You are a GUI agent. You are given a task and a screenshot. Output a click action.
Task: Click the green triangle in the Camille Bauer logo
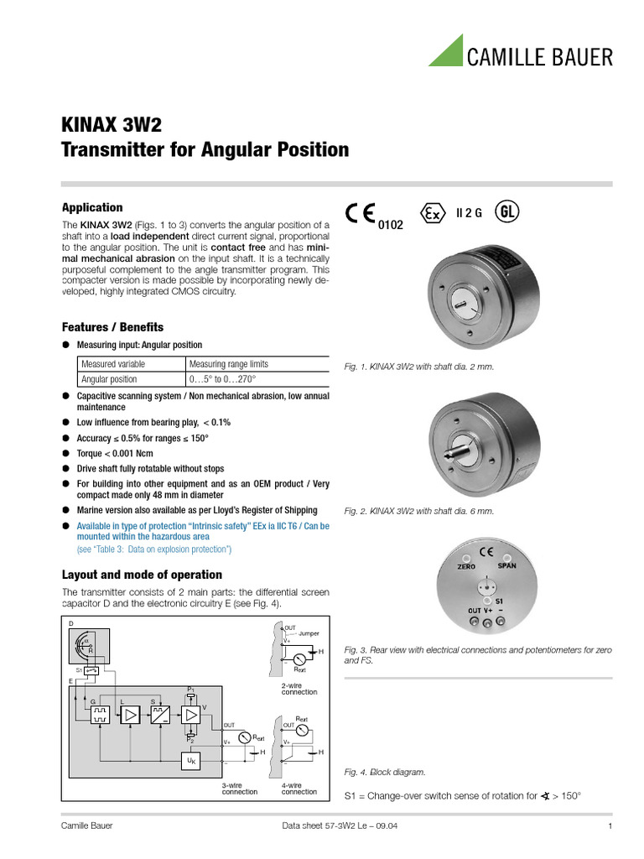pos(449,53)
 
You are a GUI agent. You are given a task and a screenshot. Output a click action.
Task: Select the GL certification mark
pos(506,211)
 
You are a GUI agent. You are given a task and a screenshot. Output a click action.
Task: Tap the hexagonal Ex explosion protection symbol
pos(432,213)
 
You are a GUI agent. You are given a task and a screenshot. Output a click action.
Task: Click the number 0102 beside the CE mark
pos(391,226)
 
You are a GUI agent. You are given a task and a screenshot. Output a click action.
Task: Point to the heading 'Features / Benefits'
pos(112,327)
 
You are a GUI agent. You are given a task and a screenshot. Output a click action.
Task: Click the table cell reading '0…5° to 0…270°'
pos(221,379)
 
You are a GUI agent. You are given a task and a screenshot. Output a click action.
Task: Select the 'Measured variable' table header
pos(113,364)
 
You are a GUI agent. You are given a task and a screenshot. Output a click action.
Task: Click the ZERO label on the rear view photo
pos(466,567)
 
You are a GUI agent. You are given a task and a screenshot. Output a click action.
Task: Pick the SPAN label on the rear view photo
pos(507,566)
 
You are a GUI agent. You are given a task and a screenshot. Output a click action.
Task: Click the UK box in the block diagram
pos(191,761)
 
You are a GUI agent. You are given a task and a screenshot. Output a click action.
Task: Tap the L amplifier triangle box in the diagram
pos(131,716)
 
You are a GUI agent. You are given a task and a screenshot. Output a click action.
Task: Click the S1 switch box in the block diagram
pos(93,670)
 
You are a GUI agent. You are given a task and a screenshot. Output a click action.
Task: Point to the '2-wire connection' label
pos(299,689)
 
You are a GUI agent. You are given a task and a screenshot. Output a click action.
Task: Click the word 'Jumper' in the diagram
pos(309,633)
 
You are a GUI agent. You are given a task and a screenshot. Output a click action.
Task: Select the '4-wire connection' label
pos(299,789)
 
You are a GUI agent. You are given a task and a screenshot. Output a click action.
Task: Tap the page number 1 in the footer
pos(610,826)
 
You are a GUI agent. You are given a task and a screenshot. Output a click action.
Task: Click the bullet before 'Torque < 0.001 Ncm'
pos(66,454)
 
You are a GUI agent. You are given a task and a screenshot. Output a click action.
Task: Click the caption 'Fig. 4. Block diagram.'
pos(385,772)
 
